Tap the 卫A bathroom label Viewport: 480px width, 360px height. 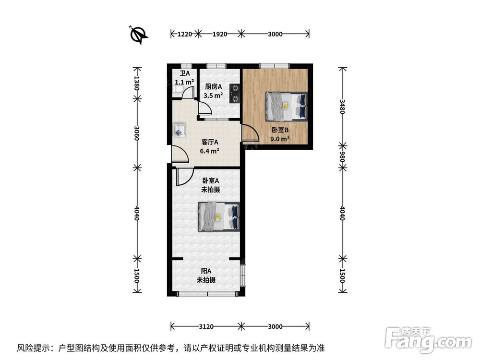click(184, 78)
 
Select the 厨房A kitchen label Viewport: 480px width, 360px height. click(213, 91)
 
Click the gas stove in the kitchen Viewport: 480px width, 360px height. click(235, 93)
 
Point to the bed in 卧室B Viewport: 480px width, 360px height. click(287, 106)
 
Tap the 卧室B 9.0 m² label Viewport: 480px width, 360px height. click(280, 134)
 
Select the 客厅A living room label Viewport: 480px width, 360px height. click(210, 146)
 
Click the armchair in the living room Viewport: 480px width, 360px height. click(180, 129)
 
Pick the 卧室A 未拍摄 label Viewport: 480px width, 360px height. click(210, 185)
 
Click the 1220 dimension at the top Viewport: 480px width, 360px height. click(185, 34)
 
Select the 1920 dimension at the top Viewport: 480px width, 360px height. click(219, 34)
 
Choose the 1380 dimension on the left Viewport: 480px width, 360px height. click(137, 83)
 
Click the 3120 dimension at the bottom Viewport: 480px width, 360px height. click(206, 327)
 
